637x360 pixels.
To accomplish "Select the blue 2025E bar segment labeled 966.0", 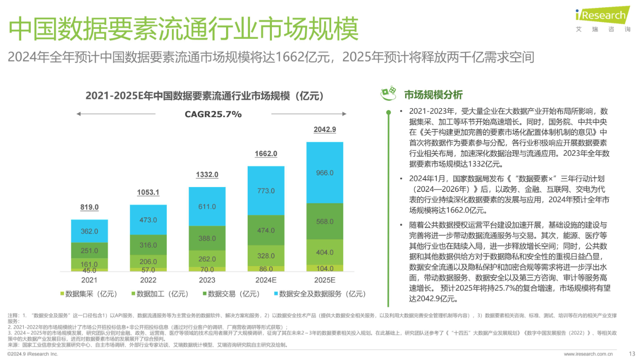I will (x=325, y=173).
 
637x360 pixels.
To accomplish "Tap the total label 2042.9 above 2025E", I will (x=325, y=129).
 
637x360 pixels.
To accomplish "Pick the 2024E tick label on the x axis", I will (x=266, y=280).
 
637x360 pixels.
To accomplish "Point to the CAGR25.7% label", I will (x=213, y=114).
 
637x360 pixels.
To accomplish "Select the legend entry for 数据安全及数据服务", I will (x=319, y=294).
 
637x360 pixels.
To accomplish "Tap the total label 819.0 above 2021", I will (x=89, y=207).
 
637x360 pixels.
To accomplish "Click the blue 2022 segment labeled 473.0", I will (x=148, y=220).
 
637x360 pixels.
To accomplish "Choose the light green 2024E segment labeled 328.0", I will (x=266, y=256).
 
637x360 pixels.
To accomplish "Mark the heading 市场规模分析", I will (x=433, y=95).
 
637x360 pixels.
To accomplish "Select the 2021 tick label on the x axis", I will (x=89, y=280).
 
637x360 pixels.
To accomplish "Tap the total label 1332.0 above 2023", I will (x=207, y=175).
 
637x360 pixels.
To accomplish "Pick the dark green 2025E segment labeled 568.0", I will (x=325, y=221).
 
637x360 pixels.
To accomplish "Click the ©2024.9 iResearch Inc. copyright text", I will (x=33, y=354).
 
